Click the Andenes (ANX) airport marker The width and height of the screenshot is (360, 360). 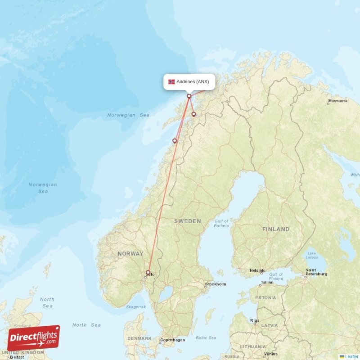point(189,96)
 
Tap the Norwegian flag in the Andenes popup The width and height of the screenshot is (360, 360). point(171,82)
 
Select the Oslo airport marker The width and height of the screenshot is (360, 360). point(148,272)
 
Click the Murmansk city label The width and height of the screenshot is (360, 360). point(337,101)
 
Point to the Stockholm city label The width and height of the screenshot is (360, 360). point(216,284)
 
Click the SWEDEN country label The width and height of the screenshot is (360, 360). point(188,221)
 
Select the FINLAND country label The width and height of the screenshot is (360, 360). point(276,229)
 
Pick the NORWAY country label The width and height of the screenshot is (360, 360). point(130,254)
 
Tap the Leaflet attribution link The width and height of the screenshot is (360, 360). point(351,356)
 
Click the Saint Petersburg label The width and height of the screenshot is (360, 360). point(316,272)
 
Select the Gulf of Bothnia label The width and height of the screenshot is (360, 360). point(221,223)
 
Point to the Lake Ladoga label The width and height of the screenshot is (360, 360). point(311,255)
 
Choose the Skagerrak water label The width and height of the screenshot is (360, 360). point(136,306)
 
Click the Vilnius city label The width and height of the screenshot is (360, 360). point(271,354)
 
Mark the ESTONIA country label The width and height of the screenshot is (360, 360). point(265,298)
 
